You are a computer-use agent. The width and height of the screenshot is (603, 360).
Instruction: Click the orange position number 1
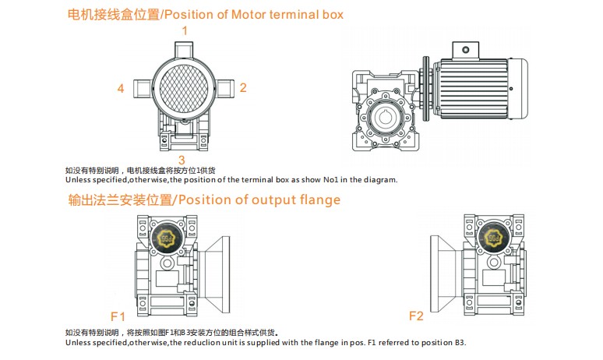(185, 30)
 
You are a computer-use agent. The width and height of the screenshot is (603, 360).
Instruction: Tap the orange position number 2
(243, 88)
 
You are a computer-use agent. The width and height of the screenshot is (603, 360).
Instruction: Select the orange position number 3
(182, 159)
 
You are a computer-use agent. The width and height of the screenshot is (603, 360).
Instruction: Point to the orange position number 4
(121, 88)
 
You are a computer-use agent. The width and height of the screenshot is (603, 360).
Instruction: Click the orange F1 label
(118, 316)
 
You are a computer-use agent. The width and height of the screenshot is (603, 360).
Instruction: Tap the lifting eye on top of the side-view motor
(465, 50)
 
